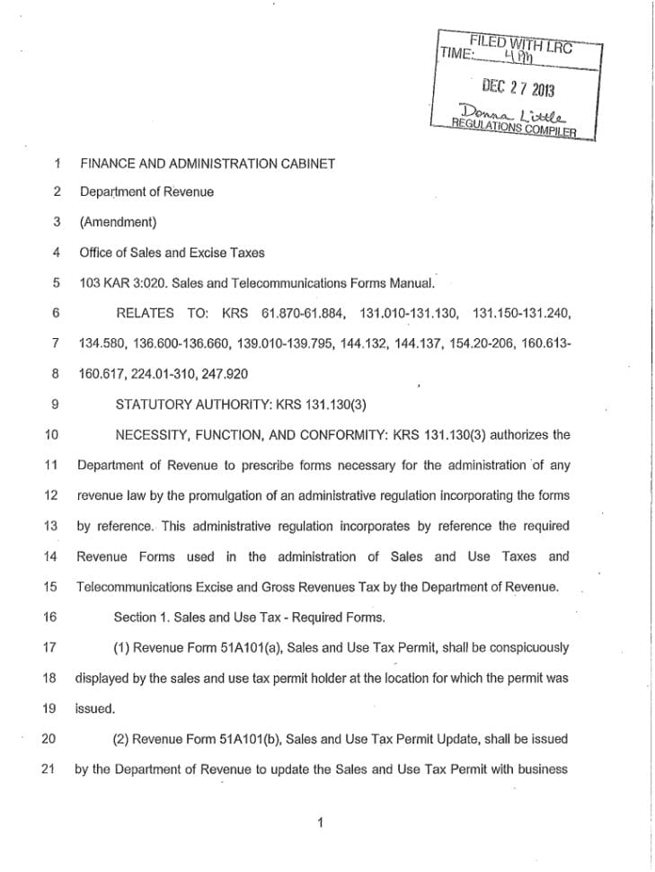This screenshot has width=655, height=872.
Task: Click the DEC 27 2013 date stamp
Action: click(x=519, y=88)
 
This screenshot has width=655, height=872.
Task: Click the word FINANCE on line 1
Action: click(x=107, y=164)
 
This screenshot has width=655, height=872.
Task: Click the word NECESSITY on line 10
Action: click(x=150, y=435)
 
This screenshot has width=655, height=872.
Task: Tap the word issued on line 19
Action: click(x=95, y=709)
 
